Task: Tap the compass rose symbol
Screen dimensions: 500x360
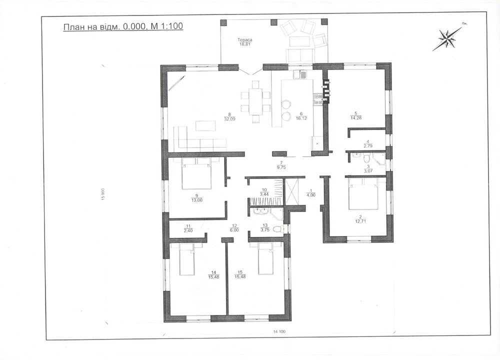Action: pos(446,38)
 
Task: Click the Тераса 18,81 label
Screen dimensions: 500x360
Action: pos(245,42)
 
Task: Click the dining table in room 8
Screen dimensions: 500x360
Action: pos(255,101)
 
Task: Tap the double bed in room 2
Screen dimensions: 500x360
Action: pos(363,193)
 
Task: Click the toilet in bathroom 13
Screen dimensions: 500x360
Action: pos(278,229)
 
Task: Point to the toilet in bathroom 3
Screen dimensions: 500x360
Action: pos(366,158)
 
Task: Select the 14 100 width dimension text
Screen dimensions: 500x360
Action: pos(279,331)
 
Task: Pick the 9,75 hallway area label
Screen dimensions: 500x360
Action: pos(281,167)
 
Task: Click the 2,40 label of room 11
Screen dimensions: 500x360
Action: pos(187,230)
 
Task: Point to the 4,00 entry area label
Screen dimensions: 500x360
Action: pos(311,195)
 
